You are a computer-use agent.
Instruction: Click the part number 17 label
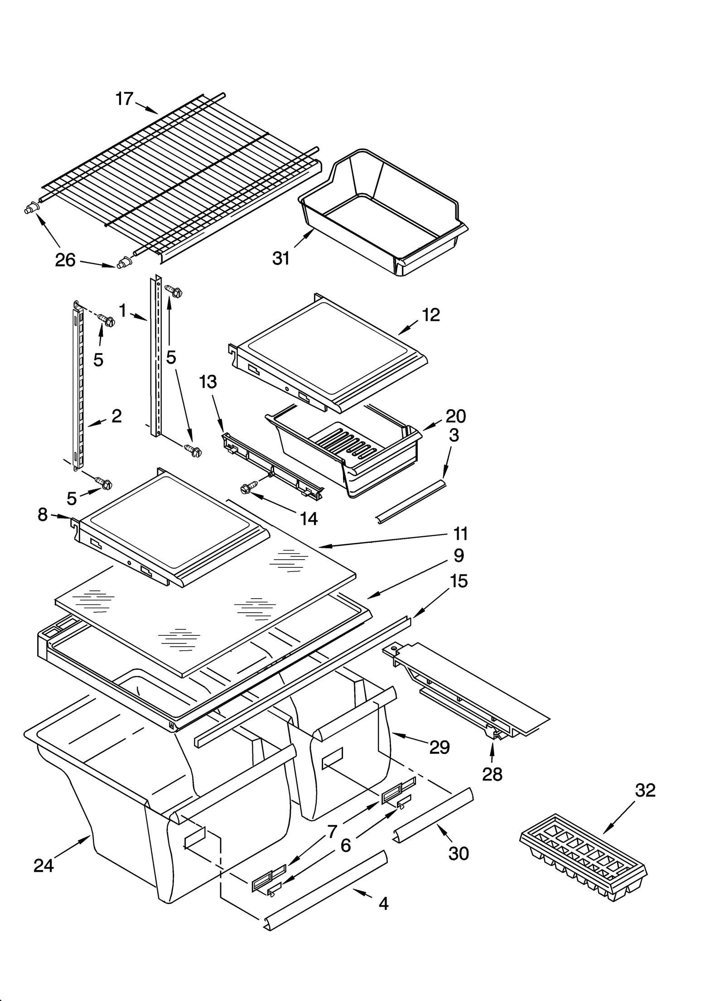pyautogui.click(x=124, y=98)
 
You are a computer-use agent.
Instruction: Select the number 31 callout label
pyautogui.click(x=281, y=258)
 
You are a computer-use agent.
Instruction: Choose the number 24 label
pyautogui.click(x=44, y=866)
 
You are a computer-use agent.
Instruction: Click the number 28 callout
pyautogui.click(x=492, y=774)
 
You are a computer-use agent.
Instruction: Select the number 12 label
pyautogui.click(x=431, y=314)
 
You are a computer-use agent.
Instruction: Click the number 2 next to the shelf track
pyautogui.click(x=116, y=416)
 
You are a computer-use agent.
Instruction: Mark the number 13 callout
pyautogui.click(x=208, y=382)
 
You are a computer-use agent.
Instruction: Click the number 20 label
pyautogui.click(x=455, y=416)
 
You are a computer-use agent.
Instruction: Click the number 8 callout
pyautogui.click(x=43, y=514)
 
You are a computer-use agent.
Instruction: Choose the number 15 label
pyautogui.click(x=459, y=581)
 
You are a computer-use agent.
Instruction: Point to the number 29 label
pyautogui.click(x=439, y=747)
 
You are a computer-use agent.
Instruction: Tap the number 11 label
pyautogui.click(x=460, y=533)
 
